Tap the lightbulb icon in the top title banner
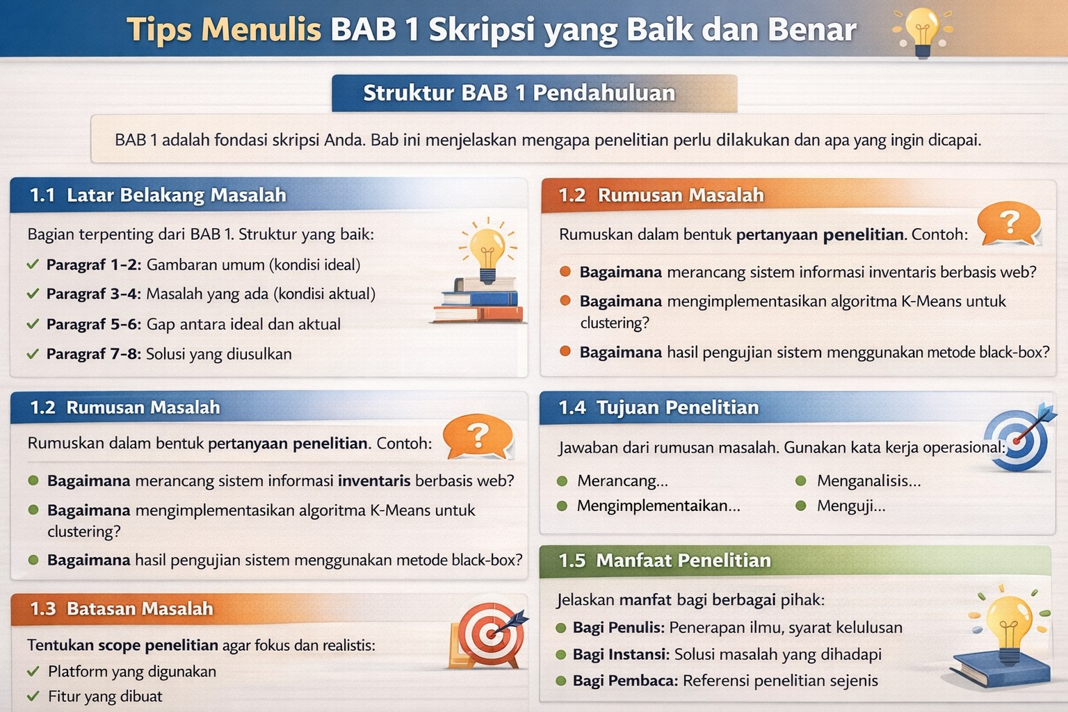922,31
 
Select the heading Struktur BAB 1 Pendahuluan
519,93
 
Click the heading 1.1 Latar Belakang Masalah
158,195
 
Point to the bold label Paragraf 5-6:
94,324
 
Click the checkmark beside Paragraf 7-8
33,354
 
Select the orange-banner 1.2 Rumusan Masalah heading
661,195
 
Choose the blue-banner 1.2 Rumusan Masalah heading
125,407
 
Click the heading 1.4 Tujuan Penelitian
658,407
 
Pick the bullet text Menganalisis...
868,480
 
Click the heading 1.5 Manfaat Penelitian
665,560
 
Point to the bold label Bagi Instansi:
621,654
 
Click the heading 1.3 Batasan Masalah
122,609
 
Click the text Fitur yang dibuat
105,696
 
